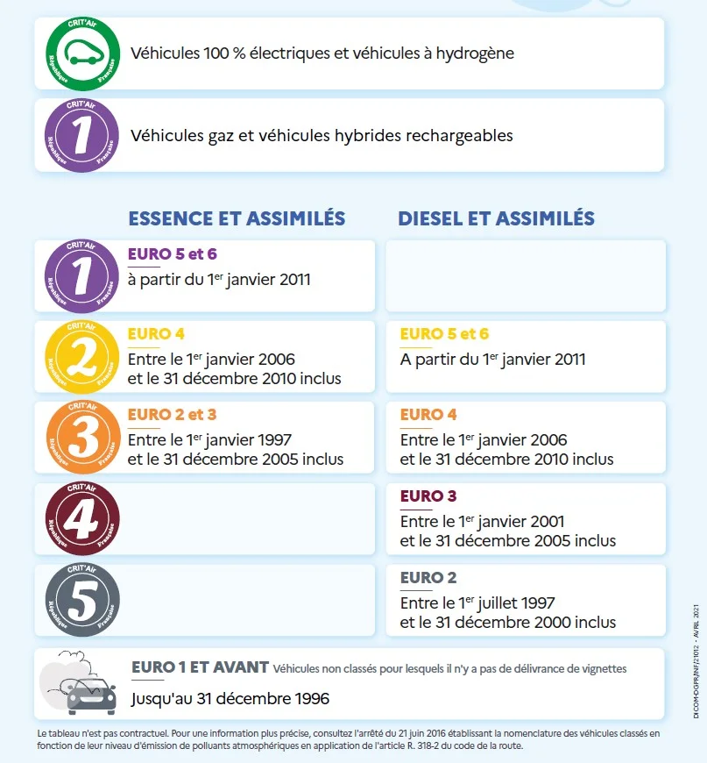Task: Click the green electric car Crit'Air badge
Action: pyautogui.click(x=81, y=53)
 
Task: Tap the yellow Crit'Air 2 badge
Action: pyautogui.click(x=81, y=357)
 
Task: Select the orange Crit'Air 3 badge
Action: pyautogui.click(x=81, y=437)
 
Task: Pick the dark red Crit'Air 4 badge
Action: pyautogui.click(x=81, y=518)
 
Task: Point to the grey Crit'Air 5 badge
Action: pyautogui.click(x=81, y=600)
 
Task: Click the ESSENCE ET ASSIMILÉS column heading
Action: pyautogui.click(x=237, y=218)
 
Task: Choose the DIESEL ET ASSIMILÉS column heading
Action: pyautogui.click(x=496, y=218)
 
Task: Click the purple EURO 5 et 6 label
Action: pyautogui.click(x=172, y=254)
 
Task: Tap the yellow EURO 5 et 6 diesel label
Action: pyautogui.click(x=444, y=334)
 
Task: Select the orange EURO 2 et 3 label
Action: pyautogui.click(x=172, y=415)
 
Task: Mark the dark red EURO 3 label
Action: pyautogui.click(x=428, y=496)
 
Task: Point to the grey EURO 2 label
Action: pyautogui.click(x=428, y=578)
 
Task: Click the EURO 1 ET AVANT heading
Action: pyautogui.click(x=200, y=667)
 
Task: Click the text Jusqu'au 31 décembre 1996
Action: pyautogui.click(x=230, y=699)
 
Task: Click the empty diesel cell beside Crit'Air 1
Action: pyautogui.click(x=526, y=275)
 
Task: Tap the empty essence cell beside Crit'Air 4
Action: pyautogui.click(x=250, y=518)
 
